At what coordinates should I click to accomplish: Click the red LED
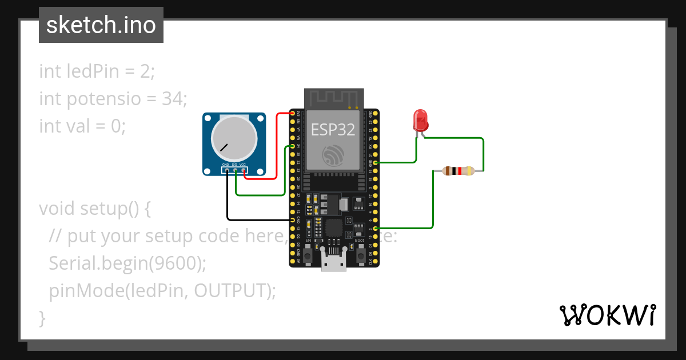[420, 121]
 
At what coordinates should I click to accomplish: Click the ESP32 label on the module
[333, 130]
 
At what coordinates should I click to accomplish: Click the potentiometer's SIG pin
[235, 170]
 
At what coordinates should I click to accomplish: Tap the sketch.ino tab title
[101, 25]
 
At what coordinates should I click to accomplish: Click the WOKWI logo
[607, 315]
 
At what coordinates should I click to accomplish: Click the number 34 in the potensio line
[171, 98]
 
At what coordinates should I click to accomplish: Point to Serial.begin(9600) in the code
[127, 263]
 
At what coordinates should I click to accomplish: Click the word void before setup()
[57, 208]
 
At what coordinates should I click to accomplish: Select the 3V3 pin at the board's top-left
[293, 114]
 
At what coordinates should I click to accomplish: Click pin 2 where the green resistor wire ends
[375, 228]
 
